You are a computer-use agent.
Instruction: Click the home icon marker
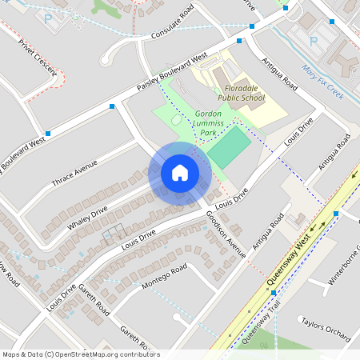coord(180,172)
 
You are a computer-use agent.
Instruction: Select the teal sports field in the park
coord(230,147)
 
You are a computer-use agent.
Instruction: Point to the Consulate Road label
coord(172,26)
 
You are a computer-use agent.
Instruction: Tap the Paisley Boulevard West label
coord(172,71)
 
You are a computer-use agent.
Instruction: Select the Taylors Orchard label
coord(326,327)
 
